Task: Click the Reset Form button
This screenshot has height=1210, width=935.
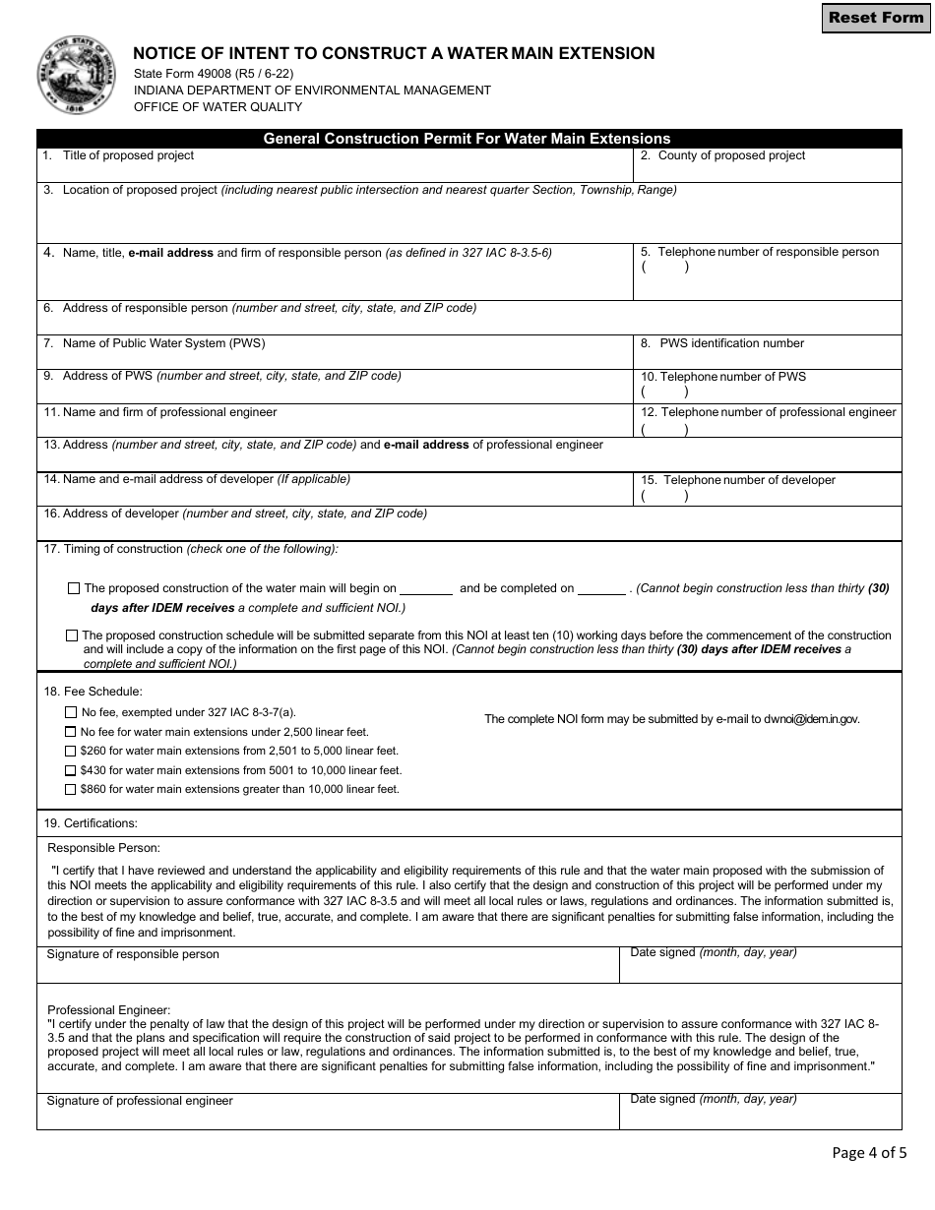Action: click(x=875, y=18)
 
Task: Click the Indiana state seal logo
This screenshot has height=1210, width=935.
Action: click(x=76, y=76)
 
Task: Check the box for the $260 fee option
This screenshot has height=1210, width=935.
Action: click(x=71, y=751)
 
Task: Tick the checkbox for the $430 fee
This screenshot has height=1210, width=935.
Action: click(x=71, y=770)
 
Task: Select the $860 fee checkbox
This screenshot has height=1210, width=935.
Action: click(x=71, y=789)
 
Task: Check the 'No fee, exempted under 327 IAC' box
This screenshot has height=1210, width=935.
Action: click(x=71, y=712)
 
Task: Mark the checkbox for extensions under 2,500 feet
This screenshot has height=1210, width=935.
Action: click(x=71, y=732)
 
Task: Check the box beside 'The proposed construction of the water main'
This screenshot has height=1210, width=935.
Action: click(x=74, y=588)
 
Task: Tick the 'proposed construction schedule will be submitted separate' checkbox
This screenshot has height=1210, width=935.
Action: click(x=72, y=635)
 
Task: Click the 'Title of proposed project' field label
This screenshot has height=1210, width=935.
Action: click(x=128, y=155)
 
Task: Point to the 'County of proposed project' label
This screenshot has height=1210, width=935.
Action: click(x=731, y=155)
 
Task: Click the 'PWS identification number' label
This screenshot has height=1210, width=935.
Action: click(x=731, y=343)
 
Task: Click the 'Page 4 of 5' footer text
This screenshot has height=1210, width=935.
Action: click(x=869, y=1152)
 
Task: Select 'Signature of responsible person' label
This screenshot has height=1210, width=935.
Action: click(x=133, y=954)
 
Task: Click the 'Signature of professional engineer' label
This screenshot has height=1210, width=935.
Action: click(x=140, y=1101)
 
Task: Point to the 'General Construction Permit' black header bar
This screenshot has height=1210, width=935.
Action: click(x=467, y=139)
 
